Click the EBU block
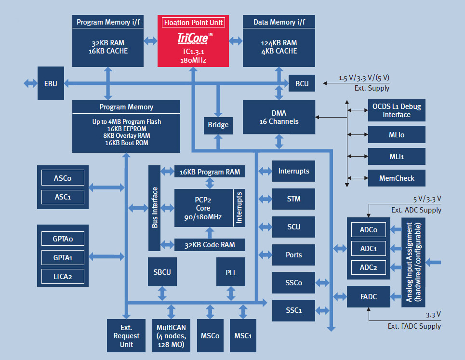coord(51,83)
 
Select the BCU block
coord(302,83)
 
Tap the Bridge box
coord(218,125)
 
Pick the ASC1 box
coord(63,197)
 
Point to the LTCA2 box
coord(63,276)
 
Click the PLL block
coord(231,272)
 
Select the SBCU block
coord(162,272)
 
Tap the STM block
coord(294,199)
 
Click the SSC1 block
coord(294,310)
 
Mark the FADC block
coord(368,297)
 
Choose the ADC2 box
coord(368,267)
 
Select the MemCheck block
coord(397,178)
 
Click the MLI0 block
coord(397,135)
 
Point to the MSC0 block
coord(210,335)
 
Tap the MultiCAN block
coord(171,335)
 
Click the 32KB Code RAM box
coord(210,245)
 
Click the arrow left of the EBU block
coord(29,83)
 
